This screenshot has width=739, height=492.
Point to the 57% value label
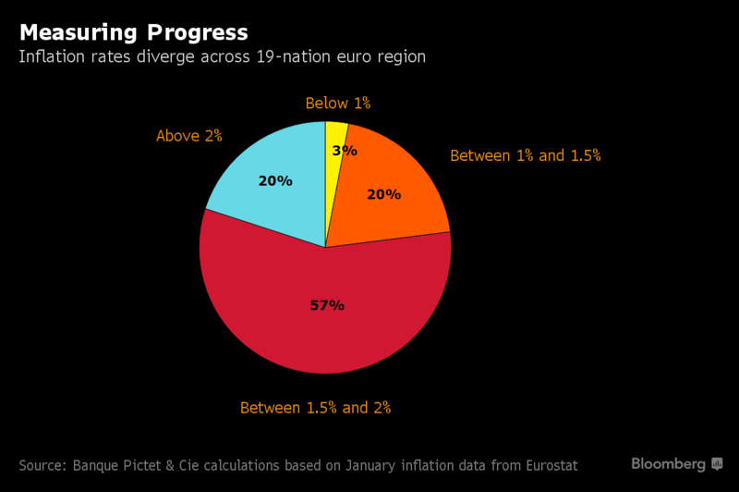(326, 305)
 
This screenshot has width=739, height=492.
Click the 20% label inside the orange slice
(383, 194)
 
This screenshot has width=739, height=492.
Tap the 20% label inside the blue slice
(275, 181)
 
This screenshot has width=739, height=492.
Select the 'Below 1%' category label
(338, 104)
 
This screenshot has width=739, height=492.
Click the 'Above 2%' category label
(189, 136)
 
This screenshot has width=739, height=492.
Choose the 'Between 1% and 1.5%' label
(525, 155)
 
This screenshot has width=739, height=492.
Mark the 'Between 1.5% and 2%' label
(315, 407)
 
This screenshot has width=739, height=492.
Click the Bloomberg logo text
(668, 462)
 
